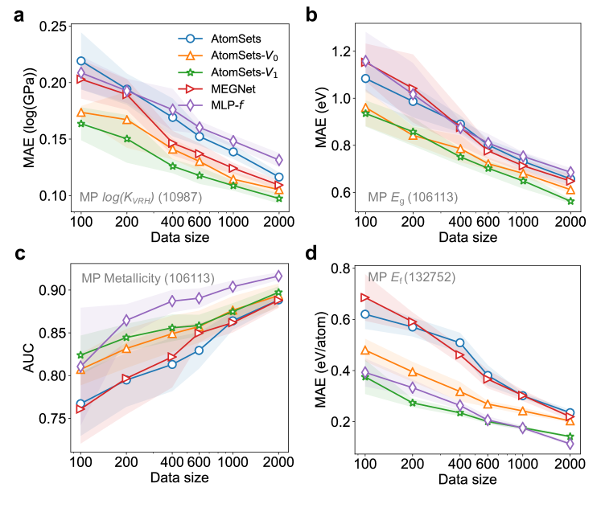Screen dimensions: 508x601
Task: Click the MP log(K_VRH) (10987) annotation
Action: [146, 196]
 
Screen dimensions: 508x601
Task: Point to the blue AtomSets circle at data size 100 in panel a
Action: [81, 61]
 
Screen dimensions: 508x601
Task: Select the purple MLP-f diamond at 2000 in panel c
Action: [278, 276]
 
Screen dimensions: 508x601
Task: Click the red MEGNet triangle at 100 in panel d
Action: [366, 298]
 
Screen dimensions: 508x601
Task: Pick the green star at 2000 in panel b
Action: [570, 201]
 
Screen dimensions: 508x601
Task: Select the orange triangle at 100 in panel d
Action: [366, 350]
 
